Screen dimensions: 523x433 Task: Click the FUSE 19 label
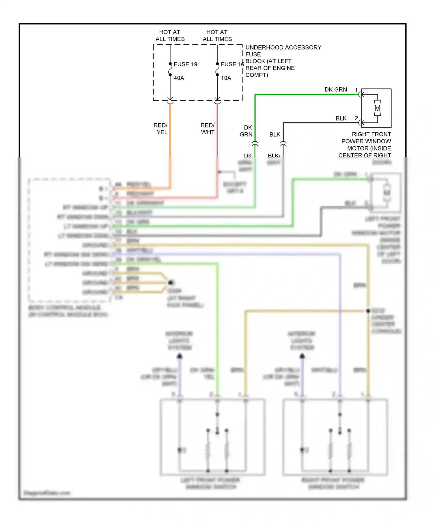pos(185,64)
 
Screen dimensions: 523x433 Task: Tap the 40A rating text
pos(179,78)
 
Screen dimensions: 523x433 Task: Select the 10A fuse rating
pos(226,78)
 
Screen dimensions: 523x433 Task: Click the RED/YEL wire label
pos(160,129)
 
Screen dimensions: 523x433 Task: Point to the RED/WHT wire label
pos(208,129)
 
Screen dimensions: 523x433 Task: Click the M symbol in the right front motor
pos(377,108)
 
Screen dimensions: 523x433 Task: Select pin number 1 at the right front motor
pos(356,90)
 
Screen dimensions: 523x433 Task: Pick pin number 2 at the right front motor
pos(356,118)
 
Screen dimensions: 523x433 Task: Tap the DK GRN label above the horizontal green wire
pos(336,90)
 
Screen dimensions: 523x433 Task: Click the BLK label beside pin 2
pos(341,118)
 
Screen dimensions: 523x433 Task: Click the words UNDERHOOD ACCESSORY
pos(283,47)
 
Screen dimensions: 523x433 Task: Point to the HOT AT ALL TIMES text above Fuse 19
pos(170,35)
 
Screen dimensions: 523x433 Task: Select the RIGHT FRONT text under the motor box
pos(371,134)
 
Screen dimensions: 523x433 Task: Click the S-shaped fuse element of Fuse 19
pos(170,69)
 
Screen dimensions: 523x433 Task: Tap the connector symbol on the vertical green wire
pos(255,144)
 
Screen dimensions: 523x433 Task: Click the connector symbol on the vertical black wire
pos(283,144)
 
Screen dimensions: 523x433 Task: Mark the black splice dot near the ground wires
pos(171,282)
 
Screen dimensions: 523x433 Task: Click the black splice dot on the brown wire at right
pos(368,311)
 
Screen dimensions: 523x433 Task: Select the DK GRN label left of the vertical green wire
pos(246,131)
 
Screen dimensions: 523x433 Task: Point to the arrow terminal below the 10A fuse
pos(217,99)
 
